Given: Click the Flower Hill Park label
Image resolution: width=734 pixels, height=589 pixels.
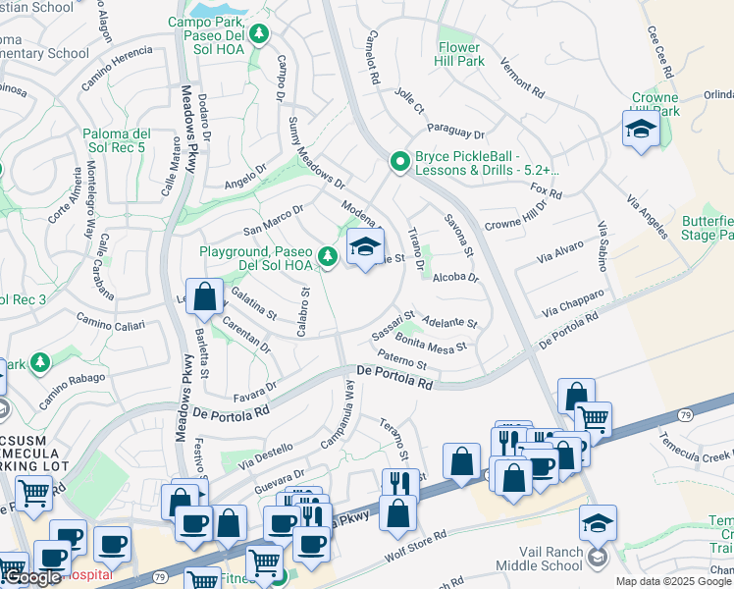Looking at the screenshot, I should coord(459,54).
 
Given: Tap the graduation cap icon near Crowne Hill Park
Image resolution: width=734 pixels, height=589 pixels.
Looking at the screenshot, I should coord(640,129).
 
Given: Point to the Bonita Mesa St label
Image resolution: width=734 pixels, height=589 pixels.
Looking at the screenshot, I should coord(431,347).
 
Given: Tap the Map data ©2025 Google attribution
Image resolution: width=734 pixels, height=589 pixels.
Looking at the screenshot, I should coord(674,581).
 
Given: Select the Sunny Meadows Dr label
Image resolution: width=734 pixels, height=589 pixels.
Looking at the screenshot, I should coord(316,153).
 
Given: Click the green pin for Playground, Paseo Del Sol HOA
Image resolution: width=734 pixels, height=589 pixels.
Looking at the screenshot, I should coord(329,257).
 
